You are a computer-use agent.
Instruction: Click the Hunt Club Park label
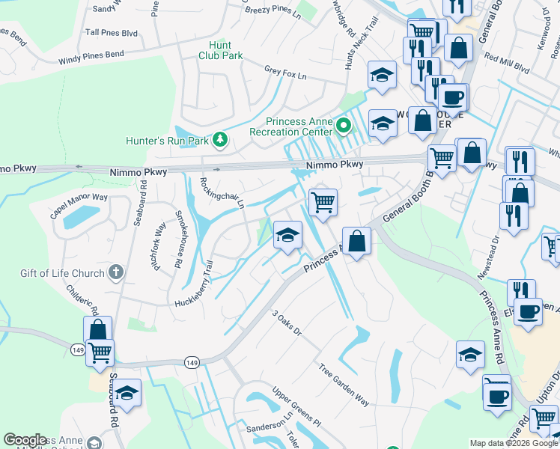[221, 50]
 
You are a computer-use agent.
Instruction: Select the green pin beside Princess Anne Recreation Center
[344, 126]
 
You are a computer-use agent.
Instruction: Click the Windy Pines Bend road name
[91, 57]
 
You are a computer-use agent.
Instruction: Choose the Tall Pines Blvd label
[112, 33]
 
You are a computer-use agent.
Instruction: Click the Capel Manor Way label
[79, 205]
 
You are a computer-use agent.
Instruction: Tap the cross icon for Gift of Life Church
[115, 273]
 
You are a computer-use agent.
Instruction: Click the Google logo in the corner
[25, 440]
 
